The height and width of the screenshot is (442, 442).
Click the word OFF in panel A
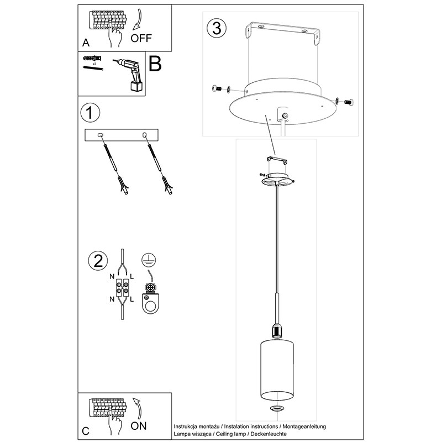[141, 38]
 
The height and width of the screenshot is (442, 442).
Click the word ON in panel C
[139, 426]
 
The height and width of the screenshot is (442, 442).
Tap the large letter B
[155, 64]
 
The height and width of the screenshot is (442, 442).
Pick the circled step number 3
[217, 28]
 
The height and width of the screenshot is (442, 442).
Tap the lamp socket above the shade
[276, 331]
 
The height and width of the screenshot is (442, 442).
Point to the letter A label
[85, 42]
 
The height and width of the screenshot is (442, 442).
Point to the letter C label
[85, 430]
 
